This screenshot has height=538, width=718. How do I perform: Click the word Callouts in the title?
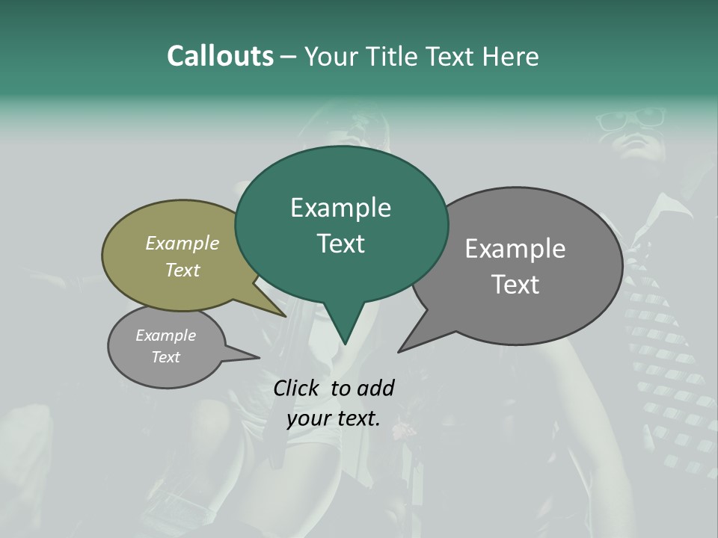pyautogui.click(x=220, y=56)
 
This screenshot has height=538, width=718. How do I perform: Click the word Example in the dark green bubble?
pyautogui.click(x=340, y=208)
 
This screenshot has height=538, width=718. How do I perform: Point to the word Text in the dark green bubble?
pyautogui.click(x=340, y=244)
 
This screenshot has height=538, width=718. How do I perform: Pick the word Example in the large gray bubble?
pyautogui.click(x=515, y=249)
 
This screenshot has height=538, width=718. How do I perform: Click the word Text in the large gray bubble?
pyautogui.click(x=515, y=285)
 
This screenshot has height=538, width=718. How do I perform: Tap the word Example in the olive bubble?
pyautogui.click(x=182, y=244)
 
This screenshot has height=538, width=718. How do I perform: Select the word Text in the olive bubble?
pyautogui.click(x=182, y=270)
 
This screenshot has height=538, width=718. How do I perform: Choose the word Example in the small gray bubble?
pyautogui.click(x=165, y=336)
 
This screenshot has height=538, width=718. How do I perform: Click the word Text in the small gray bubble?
pyautogui.click(x=165, y=357)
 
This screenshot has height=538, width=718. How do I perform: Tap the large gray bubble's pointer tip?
pyautogui.click(x=399, y=350)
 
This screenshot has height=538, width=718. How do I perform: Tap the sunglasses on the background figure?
pyautogui.click(x=641, y=118)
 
